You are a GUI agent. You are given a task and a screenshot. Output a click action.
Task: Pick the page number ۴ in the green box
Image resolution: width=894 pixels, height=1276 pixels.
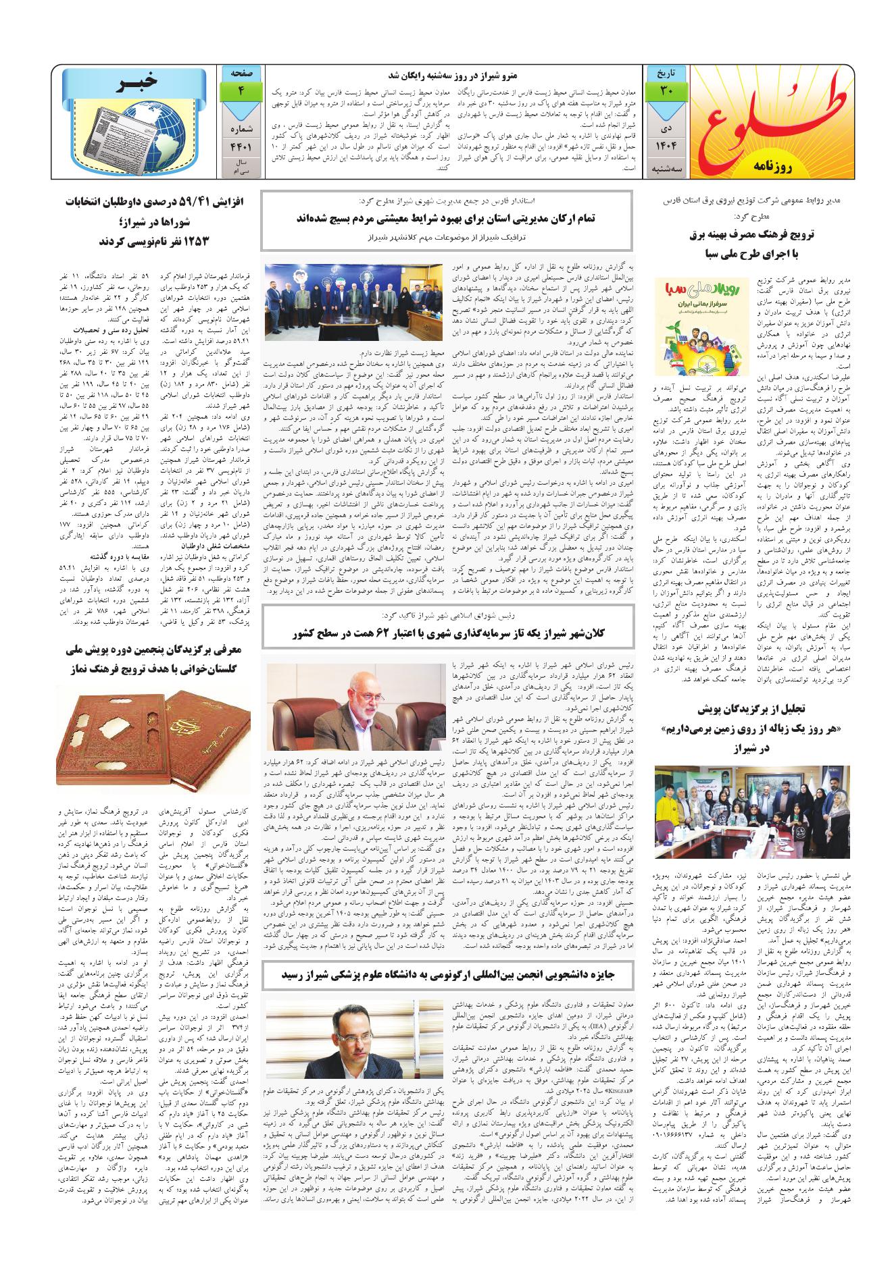point(241,90)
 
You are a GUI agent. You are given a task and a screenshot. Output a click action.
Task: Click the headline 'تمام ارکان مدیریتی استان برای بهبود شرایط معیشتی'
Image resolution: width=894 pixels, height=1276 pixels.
point(446,218)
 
